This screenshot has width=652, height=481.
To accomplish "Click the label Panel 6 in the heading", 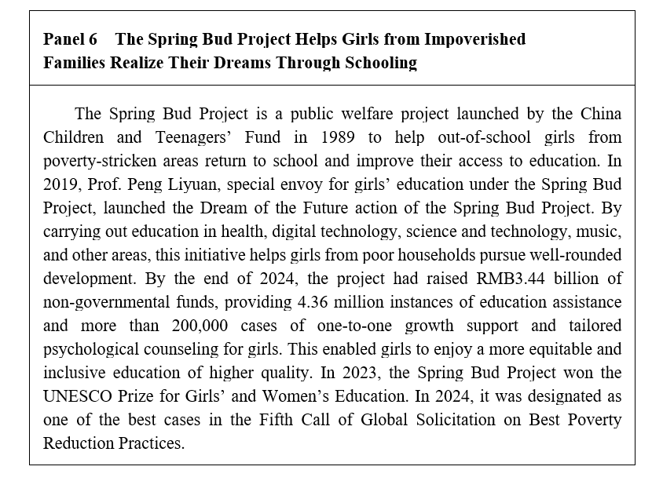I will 70,39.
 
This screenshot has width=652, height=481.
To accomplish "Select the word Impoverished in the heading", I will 477,39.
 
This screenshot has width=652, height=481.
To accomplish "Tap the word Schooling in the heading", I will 381,63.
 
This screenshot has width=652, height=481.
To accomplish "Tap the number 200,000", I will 187,326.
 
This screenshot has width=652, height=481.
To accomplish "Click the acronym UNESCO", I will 82,396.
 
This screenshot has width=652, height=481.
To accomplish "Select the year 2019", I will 60,185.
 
